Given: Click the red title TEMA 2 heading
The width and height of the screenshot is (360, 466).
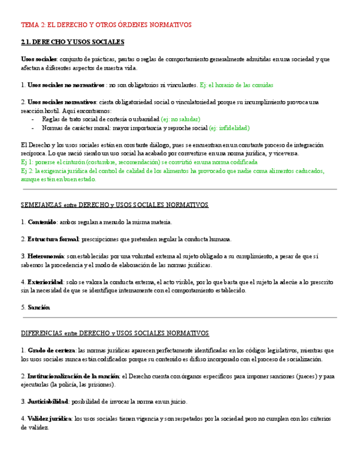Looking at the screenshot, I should (106, 25).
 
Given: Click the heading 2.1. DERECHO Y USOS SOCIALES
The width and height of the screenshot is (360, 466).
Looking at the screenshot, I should (73, 42).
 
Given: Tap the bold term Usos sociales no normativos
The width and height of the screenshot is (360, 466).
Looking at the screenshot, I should (65, 85).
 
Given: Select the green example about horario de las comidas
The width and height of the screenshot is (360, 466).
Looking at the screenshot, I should (236, 85).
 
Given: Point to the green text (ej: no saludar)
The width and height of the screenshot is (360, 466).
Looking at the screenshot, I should (180, 119).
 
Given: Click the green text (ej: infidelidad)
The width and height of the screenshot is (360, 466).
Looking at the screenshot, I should (229, 128).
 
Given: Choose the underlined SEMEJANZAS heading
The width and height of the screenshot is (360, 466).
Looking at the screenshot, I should (114, 205).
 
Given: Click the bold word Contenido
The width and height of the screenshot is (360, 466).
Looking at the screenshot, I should (42, 222).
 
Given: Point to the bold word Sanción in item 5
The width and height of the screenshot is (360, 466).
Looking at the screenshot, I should (38, 307).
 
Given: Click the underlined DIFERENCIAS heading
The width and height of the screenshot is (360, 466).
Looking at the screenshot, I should (115, 333).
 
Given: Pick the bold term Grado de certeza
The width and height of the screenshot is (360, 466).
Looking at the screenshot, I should (51, 350).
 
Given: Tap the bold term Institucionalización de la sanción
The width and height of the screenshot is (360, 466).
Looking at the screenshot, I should (73, 376).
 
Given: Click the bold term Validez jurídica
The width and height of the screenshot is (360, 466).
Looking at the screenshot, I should (49, 418).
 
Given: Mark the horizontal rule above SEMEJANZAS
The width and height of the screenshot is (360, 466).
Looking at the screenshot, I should (180, 189).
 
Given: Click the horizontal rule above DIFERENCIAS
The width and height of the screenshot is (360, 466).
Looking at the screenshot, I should (180, 317).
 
